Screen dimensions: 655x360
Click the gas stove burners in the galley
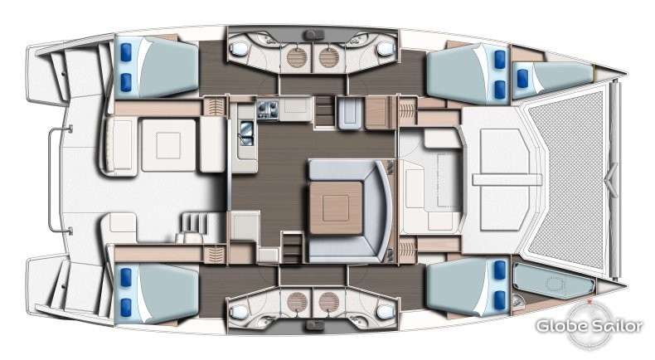click(x=268, y=110)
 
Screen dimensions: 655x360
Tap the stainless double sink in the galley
click(x=246, y=133)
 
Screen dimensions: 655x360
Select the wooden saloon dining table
click(x=336, y=208)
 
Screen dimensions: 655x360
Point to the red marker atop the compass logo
click(x=589, y=301)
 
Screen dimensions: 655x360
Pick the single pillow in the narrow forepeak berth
click(x=522, y=79)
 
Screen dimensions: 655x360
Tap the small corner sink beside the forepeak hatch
click(x=518, y=300)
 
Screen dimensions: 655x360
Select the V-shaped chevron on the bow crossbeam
click(x=613, y=180)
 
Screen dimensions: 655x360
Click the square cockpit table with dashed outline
click(x=169, y=145)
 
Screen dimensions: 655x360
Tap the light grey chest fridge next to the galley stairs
click(x=349, y=113)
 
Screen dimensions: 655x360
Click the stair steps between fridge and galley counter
click(x=323, y=111)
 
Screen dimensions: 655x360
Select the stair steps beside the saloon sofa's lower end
click(x=292, y=247)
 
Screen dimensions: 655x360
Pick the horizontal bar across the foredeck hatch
click(x=507, y=180)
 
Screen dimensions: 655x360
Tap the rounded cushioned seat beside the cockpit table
click(x=119, y=145)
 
